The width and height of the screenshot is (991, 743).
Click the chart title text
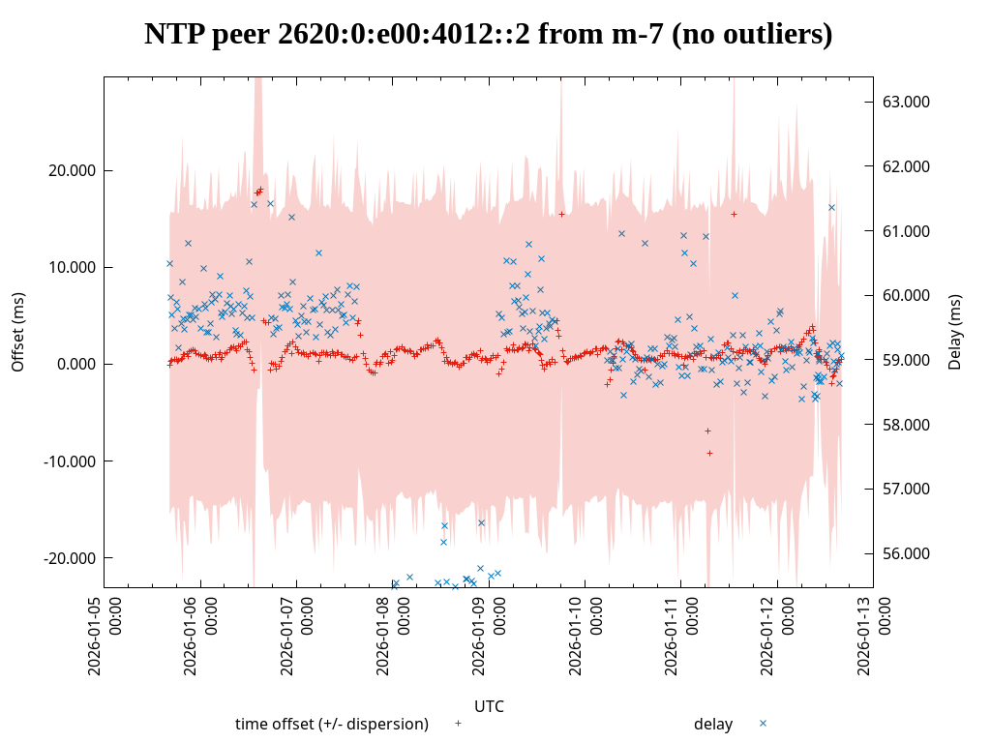(x=489, y=34)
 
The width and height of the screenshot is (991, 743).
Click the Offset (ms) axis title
(x=17, y=332)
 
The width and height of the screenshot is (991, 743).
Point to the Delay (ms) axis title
(x=956, y=332)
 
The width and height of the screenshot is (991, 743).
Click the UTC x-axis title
(x=489, y=706)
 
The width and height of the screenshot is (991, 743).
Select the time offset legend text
(x=332, y=724)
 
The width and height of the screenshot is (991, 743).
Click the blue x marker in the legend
(x=763, y=723)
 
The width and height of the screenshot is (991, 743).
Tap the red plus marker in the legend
(x=458, y=723)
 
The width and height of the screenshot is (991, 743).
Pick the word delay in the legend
(x=713, y=724)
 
